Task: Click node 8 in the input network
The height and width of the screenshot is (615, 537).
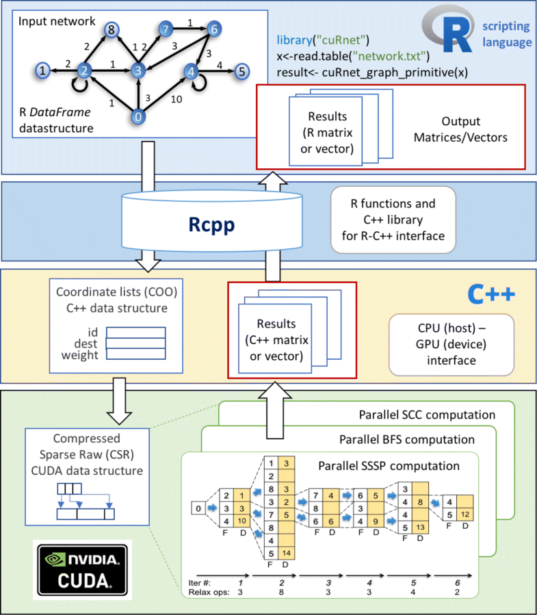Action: [x=111, y=31]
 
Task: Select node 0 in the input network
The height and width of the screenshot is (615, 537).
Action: [x=139, y=118]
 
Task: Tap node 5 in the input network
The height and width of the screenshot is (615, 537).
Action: [x=241, y=70]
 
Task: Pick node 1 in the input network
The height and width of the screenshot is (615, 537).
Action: [x=42, y=70]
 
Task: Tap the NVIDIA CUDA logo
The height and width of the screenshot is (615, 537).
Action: [x=81, y=567]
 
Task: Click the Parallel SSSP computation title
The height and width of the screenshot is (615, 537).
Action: [x=389, y=467]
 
